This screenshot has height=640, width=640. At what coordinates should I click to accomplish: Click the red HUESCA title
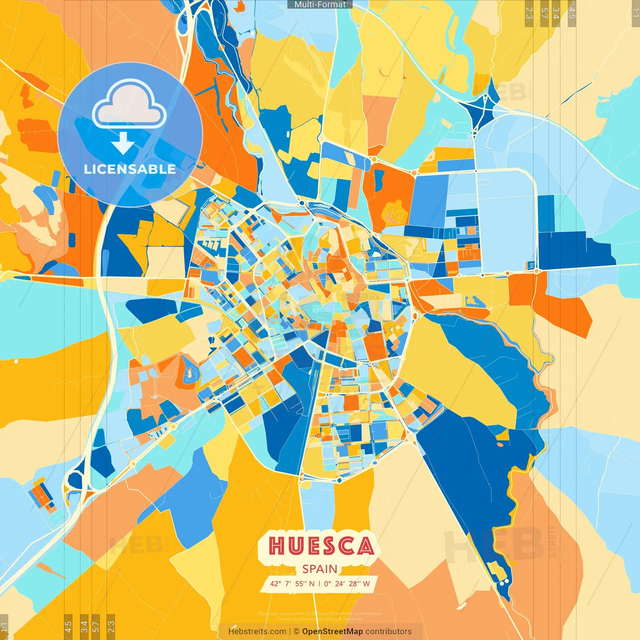coord(320,546)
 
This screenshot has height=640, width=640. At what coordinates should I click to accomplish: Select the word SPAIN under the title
coord(320,569)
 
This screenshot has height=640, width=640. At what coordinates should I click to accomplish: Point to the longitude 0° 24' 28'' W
coord(347,583)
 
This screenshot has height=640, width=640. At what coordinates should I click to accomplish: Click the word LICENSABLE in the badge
coord(130,169)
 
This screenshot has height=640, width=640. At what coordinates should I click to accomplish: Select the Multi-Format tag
coord(320,4)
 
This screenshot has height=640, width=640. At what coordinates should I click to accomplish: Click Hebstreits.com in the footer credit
coord(257,631)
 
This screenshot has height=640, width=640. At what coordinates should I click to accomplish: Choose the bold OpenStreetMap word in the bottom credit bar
coord(332,631)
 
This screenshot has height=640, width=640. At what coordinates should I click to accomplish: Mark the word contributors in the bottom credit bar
coord(388,631)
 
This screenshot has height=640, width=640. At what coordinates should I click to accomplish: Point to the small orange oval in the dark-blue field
coord(500,444)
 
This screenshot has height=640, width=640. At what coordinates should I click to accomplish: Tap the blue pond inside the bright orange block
coord(379,176)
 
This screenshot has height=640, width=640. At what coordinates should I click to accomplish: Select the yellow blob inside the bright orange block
coord(394,212)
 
